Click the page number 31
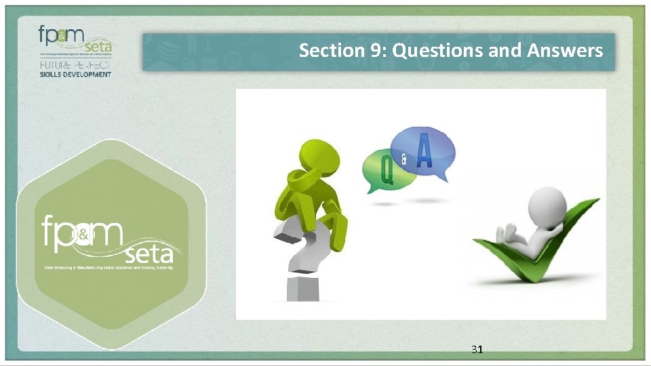click(477, 350)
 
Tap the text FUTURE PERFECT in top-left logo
click(75, 65)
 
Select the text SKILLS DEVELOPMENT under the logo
click(75, 75)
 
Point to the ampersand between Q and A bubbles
click(404, 161)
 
